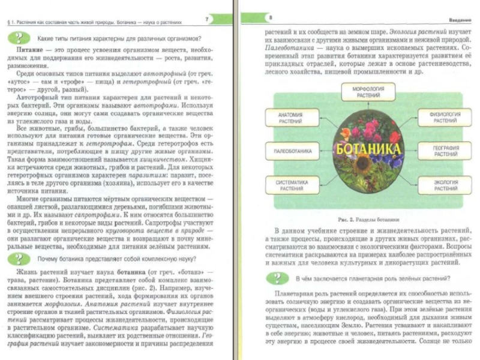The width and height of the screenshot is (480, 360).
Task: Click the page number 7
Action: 207,20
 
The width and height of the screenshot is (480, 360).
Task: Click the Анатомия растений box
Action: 290,118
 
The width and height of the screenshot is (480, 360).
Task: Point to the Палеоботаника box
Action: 290,151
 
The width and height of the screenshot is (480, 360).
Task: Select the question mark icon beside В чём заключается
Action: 277,278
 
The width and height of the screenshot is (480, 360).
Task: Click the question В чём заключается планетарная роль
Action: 372,278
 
